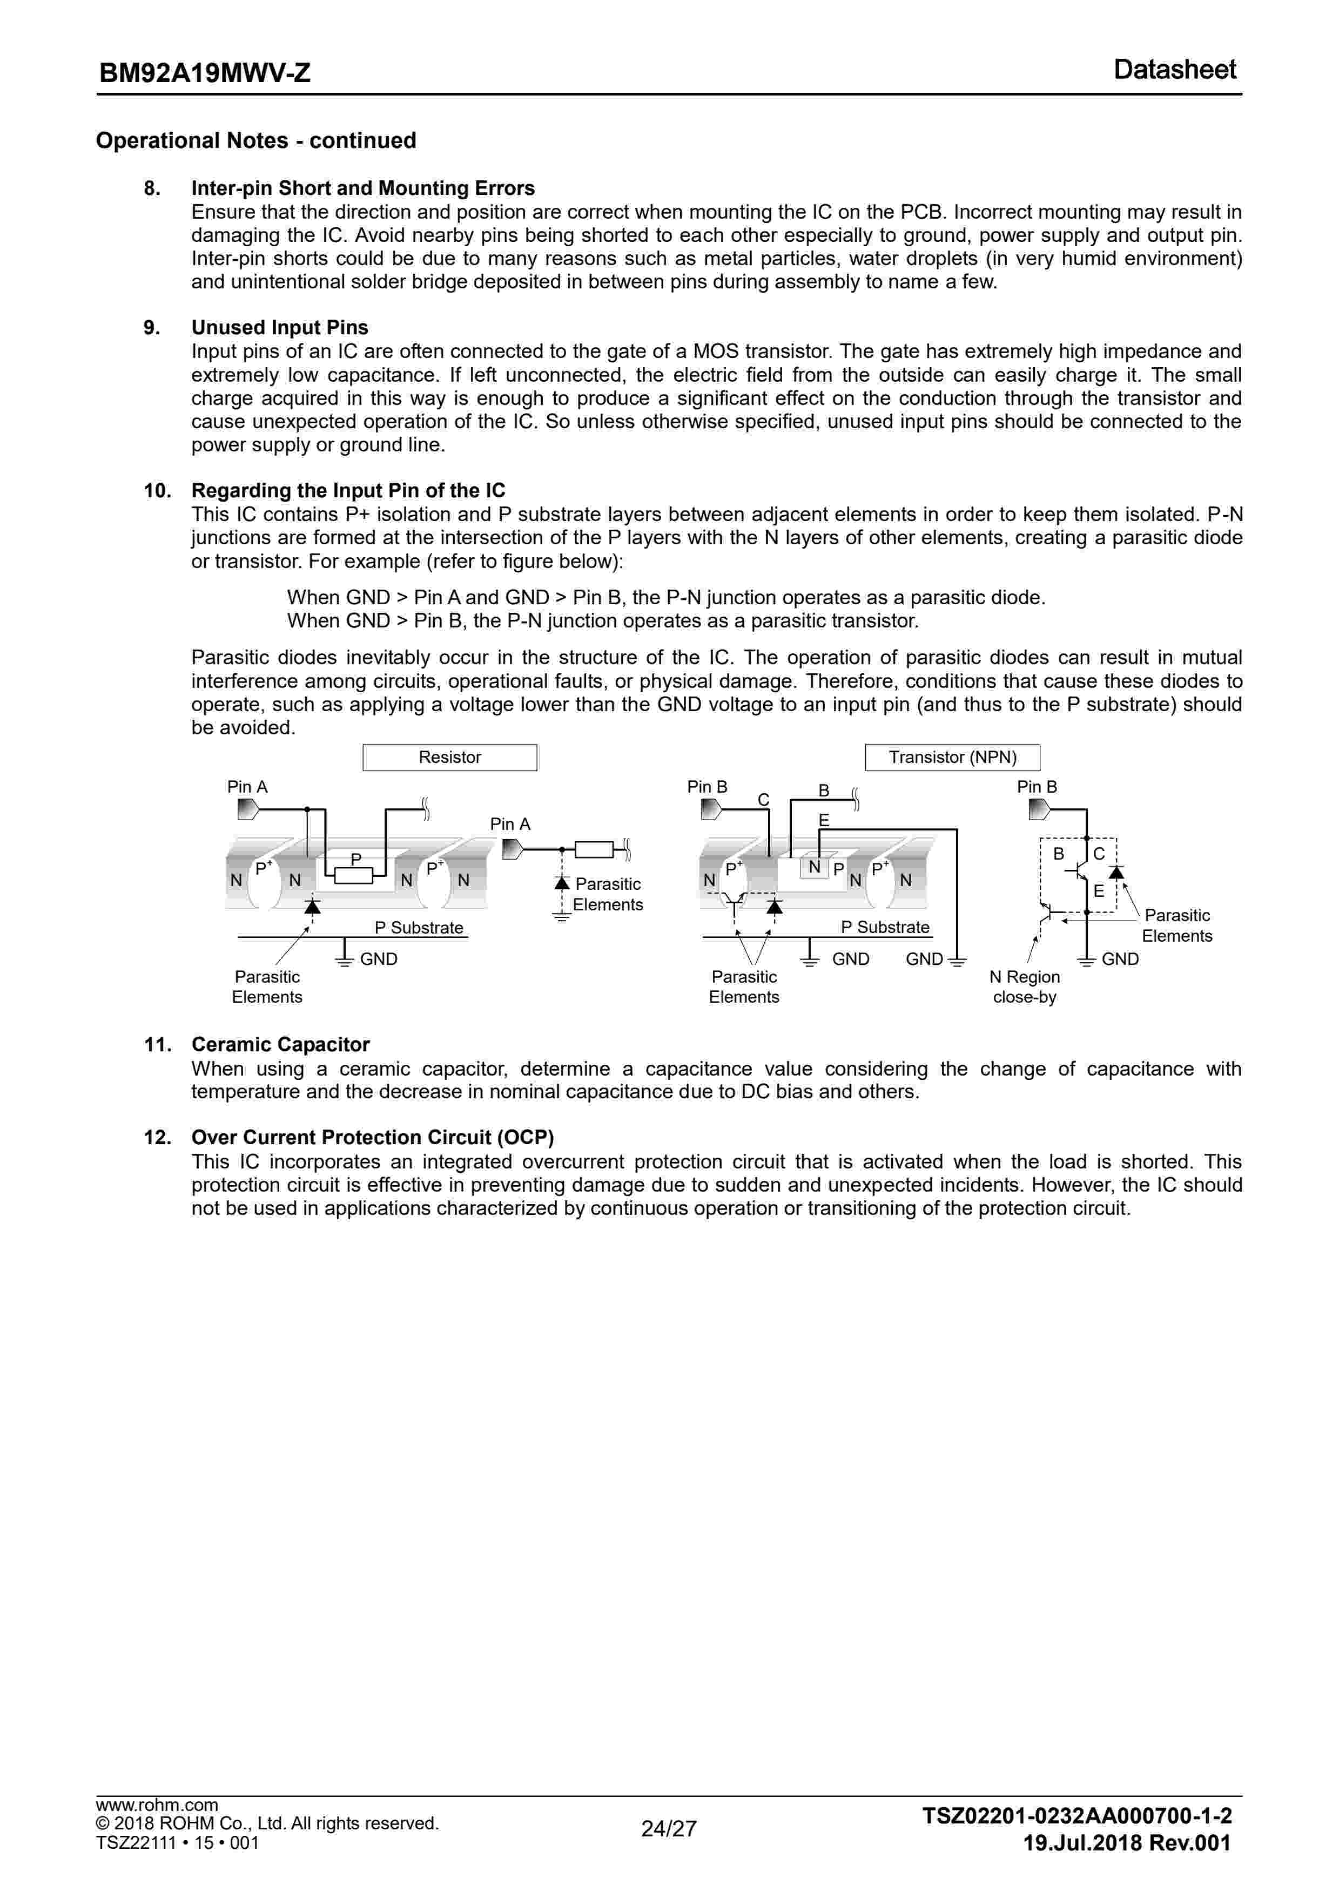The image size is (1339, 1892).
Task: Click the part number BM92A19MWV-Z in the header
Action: [x=205, y=73]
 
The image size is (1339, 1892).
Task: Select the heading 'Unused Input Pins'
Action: [x=279, y=327]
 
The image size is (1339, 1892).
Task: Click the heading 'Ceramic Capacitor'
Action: [x=280, y=1044]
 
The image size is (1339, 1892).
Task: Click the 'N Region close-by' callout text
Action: [x=1024, y=986]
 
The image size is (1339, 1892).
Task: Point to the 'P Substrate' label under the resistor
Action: [x=419, y=927]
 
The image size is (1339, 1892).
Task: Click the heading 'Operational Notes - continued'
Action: [x=255, y=140]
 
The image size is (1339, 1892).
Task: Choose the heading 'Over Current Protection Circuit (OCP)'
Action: [x=373, y=1137]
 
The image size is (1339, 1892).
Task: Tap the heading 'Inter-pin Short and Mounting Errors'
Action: [x=363, y=188]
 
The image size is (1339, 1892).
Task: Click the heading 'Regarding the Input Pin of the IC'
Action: [x=348, y=490]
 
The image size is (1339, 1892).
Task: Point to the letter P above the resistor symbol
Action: [x=356, y=859]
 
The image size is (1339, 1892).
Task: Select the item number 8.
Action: [x=152, y=188]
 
